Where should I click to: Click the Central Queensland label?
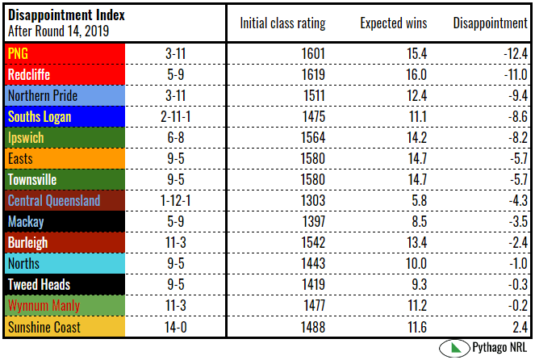click(x=53, y=200)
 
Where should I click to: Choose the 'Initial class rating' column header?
click(x=282, y=23)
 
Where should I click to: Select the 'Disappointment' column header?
click(x=489, y=23)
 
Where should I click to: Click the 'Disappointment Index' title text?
click(x=60, y=16)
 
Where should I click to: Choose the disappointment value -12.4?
click(x=512, y=53)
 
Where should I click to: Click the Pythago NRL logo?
click(x=483, y=348)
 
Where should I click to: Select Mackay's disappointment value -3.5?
click(x=515, y=221)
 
